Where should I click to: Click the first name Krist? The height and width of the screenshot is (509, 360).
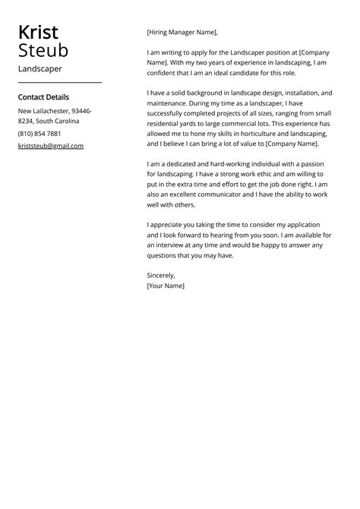click(x=38, y=33)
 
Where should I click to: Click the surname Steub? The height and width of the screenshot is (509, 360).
click(x=43, y=51)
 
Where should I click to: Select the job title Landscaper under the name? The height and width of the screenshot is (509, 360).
click(x=40, y=68)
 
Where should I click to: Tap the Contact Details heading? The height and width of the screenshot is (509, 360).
click(x=43, y=97)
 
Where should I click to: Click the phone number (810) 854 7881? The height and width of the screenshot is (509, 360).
click(x=39, y=133)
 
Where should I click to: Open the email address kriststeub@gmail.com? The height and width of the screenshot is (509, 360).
click(x=51, y=145)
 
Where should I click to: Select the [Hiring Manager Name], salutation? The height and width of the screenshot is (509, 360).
click(x=182, y=33)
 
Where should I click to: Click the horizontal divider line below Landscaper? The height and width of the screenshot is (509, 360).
click(x=59, y=82)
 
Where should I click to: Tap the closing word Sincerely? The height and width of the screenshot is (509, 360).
click(x=161, y=275)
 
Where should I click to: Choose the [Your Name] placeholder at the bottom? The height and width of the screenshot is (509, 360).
click(x=166, y=286)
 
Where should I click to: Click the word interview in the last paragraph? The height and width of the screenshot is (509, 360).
click(x=179, y=245)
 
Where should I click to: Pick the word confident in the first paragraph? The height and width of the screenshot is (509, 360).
click(x=165, y=73)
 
